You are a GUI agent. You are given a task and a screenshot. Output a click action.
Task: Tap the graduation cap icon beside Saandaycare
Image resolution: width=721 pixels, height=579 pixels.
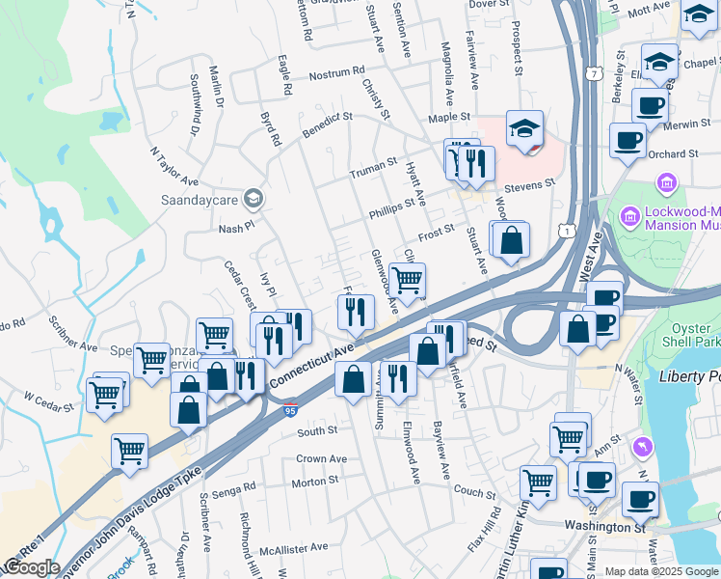[253, 199]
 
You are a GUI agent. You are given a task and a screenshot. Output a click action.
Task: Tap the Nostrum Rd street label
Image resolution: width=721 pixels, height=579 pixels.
[336, 72]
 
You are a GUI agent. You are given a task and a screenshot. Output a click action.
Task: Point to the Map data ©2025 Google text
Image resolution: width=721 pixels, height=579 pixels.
[660, 571]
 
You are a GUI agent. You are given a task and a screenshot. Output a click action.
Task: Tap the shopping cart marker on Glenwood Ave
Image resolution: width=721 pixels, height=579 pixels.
[408, 281]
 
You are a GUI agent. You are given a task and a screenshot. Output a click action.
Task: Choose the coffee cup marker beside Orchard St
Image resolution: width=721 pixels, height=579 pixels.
[628, 141]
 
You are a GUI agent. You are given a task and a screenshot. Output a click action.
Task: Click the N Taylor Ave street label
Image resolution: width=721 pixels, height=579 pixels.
[174, 168]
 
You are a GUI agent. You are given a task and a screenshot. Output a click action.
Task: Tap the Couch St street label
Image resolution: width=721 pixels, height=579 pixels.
[473, 492]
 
